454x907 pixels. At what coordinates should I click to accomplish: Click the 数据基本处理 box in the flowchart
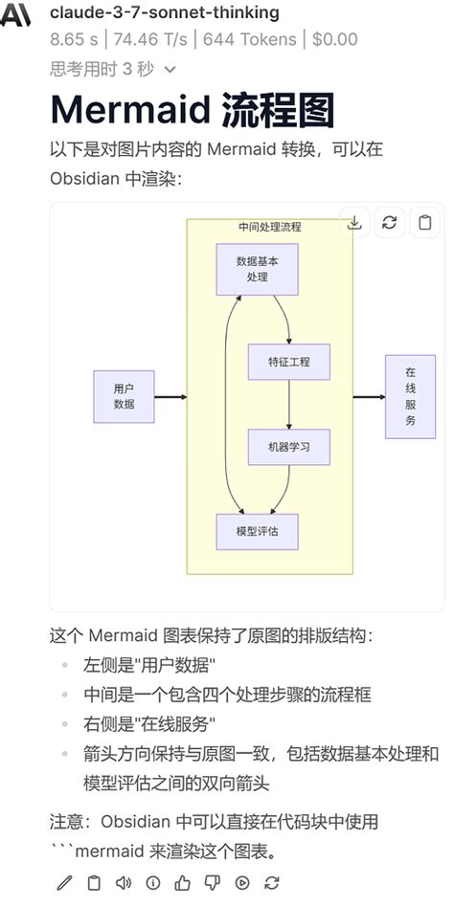(x=257, y=269)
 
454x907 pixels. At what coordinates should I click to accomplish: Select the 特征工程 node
(x=289, y=363)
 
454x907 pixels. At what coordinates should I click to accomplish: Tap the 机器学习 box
(x=289, y=447)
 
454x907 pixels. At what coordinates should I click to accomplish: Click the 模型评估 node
(x=257, y=531)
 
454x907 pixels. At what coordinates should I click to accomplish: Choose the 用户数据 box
(x=124, y=396)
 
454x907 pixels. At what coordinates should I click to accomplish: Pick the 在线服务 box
(x=410, y=396)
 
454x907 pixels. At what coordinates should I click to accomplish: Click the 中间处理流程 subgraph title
(x=269, y=227)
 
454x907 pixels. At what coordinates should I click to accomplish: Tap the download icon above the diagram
(x=354, y=222)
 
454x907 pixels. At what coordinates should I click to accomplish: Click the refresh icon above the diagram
(x=389, y=222)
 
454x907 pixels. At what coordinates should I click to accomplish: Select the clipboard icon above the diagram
(x=423, y=222)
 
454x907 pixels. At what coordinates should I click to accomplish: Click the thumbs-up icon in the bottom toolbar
(x=182, y=883)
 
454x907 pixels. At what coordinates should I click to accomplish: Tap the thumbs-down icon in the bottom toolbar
(x=212, y=883)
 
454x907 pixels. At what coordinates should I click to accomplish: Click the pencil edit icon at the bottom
(x=64, y=883)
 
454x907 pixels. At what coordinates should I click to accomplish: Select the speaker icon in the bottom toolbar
(x=123, y=883)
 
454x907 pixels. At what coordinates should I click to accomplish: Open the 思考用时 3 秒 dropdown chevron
(x=170, y=69)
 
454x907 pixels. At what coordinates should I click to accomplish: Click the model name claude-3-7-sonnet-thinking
(x=164, y=12)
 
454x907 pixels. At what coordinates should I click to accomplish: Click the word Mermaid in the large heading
(x=127, y=110)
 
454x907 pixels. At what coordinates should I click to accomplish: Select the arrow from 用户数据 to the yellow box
(x=170, y=396)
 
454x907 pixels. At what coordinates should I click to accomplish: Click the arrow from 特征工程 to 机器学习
(x=289, y=405)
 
